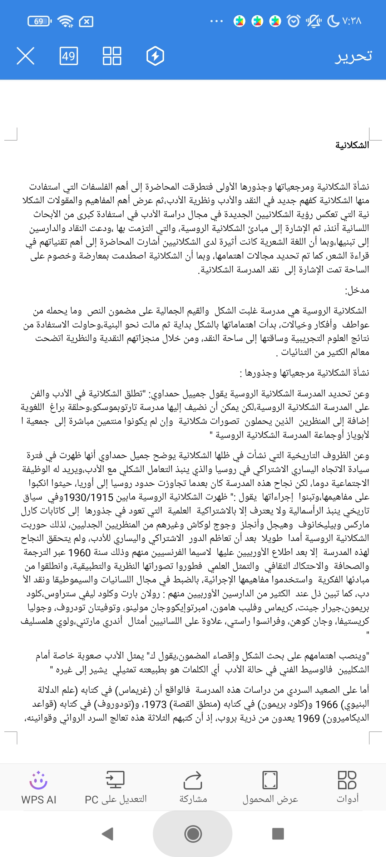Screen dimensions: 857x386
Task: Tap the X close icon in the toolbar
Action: click(25, 56)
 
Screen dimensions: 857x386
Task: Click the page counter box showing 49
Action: click(69, 56)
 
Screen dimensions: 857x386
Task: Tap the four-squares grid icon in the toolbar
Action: click(112, 56)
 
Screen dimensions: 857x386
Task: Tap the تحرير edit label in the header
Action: click(353, 56)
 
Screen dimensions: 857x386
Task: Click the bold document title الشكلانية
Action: click(352, 145)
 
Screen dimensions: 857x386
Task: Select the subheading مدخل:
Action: click(357, 290)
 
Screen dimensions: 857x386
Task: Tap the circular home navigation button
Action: click(193, 834)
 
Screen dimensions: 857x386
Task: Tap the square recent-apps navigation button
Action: click(278, 834)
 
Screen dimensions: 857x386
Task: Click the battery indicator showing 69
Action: click(39, 21)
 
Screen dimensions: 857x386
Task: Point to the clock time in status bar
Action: click(352, 21)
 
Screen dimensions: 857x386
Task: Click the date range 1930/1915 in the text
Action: click(89, 497)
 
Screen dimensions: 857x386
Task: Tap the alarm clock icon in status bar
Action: click(294, 21)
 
